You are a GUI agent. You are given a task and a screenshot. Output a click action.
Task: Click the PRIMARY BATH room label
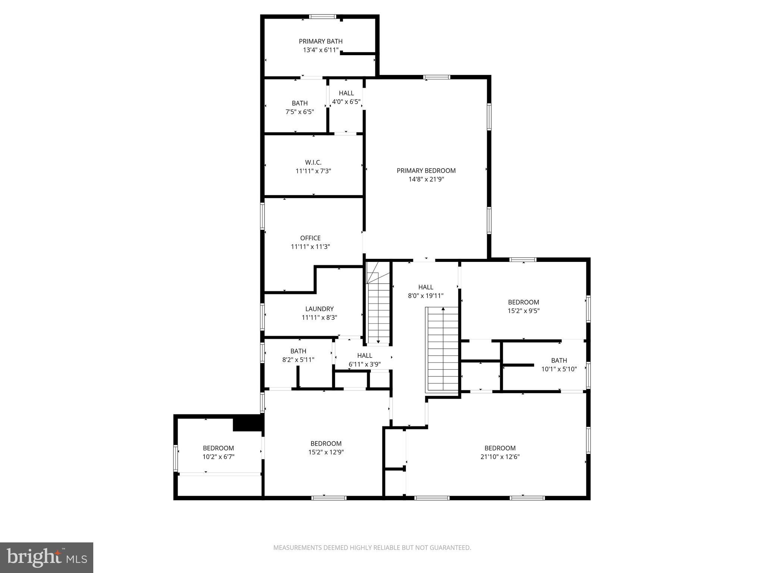(x=320, y=41)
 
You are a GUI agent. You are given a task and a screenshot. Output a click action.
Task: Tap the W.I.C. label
(x=313, y=162)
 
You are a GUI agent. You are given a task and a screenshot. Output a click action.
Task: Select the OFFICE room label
(x=310, y=238)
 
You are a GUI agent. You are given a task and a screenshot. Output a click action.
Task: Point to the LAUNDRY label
(x=319, y=309)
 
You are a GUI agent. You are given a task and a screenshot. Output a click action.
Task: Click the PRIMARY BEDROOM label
(x=426, y=170)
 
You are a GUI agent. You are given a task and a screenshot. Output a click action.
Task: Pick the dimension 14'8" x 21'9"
(x=426, y=179)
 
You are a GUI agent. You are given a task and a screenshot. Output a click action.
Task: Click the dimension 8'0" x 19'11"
(x=426, y=296)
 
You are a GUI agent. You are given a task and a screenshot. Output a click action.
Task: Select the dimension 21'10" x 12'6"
(x=500, y=457)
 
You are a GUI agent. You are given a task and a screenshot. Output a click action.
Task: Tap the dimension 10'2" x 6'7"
(x=218, y=457)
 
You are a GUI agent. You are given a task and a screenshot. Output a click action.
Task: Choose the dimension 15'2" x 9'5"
(x=523, y=311)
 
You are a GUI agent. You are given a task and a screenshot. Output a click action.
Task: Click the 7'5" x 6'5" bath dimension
(x=300, y=112)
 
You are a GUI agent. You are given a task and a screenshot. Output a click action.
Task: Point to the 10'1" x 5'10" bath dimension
(x=559, y=369)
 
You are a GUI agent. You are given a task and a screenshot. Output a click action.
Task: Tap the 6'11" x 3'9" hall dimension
(x=364, y=364)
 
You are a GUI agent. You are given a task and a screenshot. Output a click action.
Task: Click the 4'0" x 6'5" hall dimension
(x=346, y=101)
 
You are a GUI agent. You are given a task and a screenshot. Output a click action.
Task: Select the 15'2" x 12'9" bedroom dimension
(x=326, y=452)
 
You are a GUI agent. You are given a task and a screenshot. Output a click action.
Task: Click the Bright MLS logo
(x=47, y=557)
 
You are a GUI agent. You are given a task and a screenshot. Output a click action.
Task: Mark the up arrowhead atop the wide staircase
(x=443, y=309)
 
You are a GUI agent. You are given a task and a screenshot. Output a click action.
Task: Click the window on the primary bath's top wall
(x=323, y=16)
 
